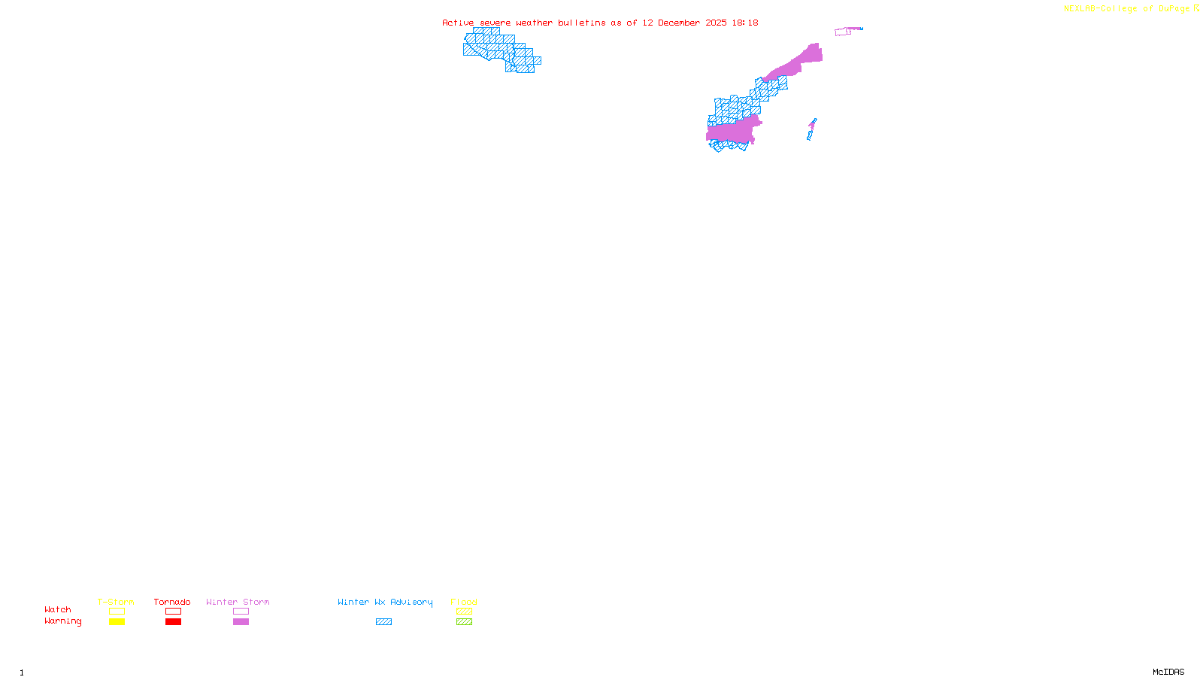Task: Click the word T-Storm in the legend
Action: click(116, 602)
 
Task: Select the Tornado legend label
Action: click(172, 602)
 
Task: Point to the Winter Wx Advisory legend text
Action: click(385, 602)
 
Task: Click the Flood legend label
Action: click(464, 602)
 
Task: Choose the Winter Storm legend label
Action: click(238, 602)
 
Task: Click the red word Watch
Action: click(58, 609)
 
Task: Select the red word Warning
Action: click(62, 621)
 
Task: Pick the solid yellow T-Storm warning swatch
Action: click(117, 622)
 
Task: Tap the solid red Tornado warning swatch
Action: click(173, 622)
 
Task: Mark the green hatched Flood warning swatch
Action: click(464, 622)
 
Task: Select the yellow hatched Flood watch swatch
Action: click(464, 612)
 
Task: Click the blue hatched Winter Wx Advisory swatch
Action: click(383, 622)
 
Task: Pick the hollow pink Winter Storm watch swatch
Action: click(241, 612)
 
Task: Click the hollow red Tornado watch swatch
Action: click(173, 612)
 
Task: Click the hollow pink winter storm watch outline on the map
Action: click(842, 32)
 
